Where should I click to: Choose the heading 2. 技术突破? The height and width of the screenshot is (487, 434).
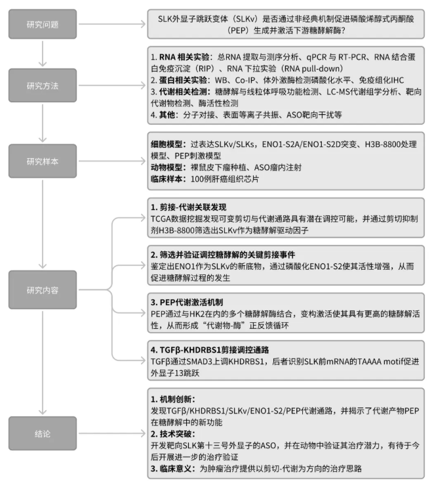[x=172, y=433]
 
